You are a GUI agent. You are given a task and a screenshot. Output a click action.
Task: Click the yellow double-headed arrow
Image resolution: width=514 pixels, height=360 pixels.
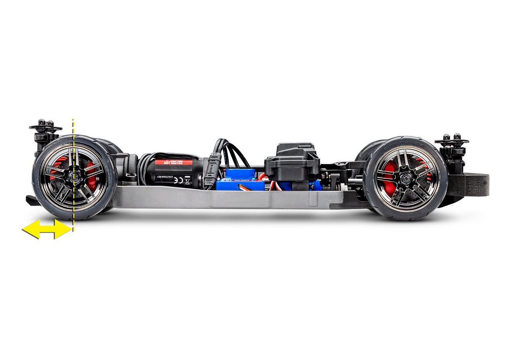pos(47,229)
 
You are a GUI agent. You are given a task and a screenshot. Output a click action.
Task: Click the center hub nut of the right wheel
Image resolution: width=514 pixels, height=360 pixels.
pos(405,178)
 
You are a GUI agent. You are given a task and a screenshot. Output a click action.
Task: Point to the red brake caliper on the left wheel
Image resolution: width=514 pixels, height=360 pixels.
pos(91,176)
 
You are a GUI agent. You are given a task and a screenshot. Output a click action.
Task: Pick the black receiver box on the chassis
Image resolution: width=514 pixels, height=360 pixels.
pos(292,161)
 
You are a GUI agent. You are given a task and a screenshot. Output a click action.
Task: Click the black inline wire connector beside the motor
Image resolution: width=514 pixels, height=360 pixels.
pos(212,172)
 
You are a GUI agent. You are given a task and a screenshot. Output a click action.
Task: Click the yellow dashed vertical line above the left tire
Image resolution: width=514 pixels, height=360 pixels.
pos(74,127)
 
